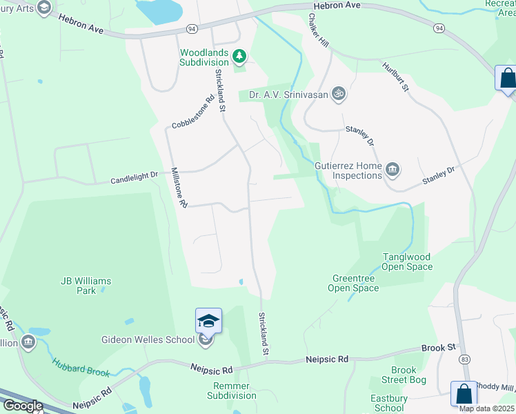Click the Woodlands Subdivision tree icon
point(239,55)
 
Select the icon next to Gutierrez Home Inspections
point(393,168)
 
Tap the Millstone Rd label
point(179,188)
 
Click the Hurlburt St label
point(396,77)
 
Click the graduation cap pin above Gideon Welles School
point(208,321)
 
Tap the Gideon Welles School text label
point(148,339)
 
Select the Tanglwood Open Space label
point(408,262)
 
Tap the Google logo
point(22,406)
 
